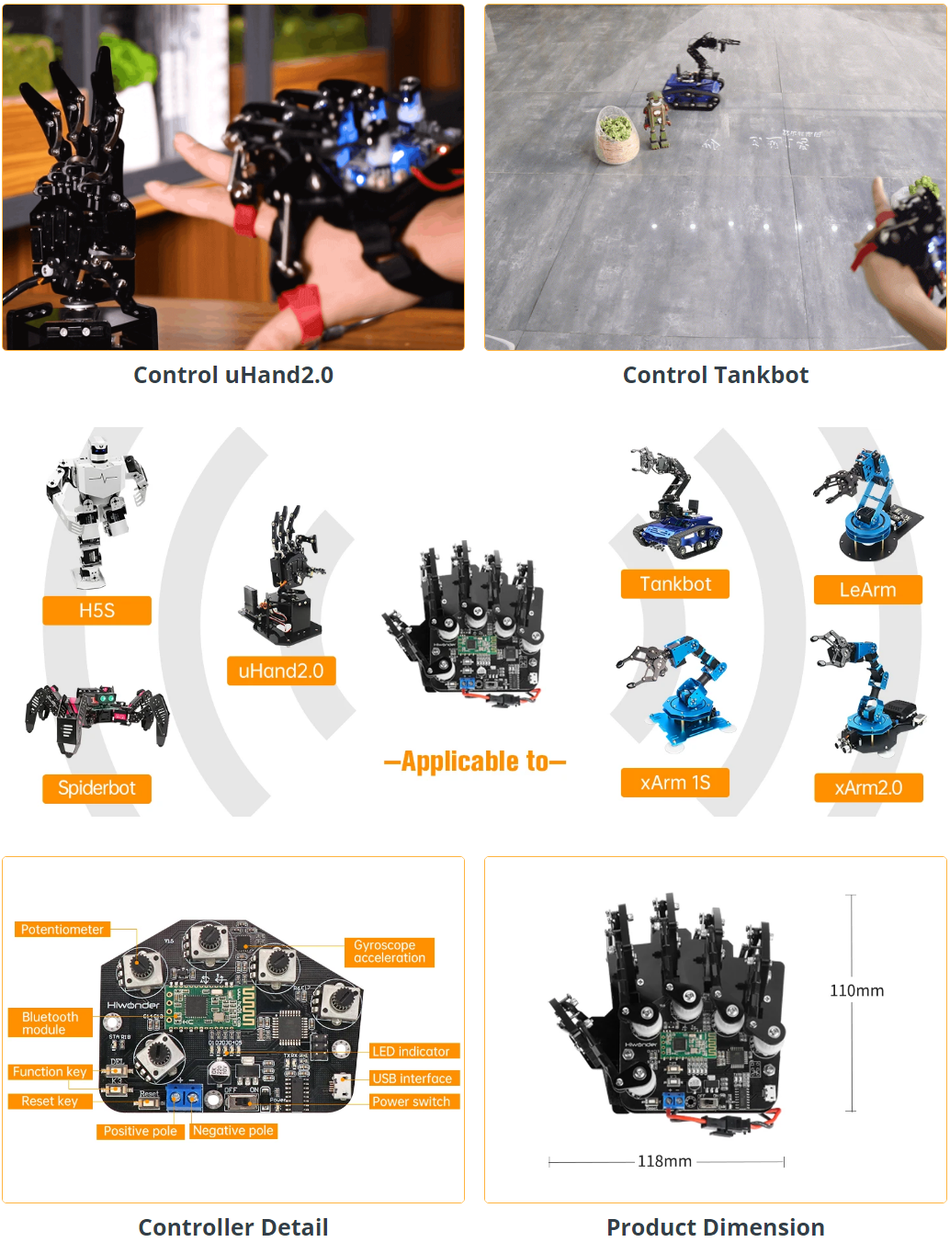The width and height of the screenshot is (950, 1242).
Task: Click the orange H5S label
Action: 96,611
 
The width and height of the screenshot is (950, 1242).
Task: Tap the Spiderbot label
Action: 96,788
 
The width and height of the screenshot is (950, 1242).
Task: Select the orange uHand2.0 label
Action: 281,671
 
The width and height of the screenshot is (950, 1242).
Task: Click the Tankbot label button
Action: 675,584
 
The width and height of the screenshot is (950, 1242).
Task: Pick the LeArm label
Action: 867,590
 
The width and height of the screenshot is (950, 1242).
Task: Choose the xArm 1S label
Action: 675,783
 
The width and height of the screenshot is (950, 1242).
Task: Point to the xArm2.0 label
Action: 868,787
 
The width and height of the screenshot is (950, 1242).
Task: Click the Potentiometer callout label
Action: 62,930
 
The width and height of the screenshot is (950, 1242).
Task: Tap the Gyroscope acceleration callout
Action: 390,952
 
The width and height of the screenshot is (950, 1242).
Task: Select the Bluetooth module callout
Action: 51,1023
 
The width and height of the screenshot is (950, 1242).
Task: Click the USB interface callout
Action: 412,1078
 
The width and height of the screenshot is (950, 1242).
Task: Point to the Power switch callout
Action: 411,1101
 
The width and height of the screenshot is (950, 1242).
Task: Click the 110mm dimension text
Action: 856,990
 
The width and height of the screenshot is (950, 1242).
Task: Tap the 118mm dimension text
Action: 664,1161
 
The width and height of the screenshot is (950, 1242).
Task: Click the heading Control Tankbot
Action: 716,375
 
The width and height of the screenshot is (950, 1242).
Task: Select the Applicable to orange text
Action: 475,762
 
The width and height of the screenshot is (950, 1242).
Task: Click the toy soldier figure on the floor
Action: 655,120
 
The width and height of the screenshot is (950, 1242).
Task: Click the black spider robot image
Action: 97,717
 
